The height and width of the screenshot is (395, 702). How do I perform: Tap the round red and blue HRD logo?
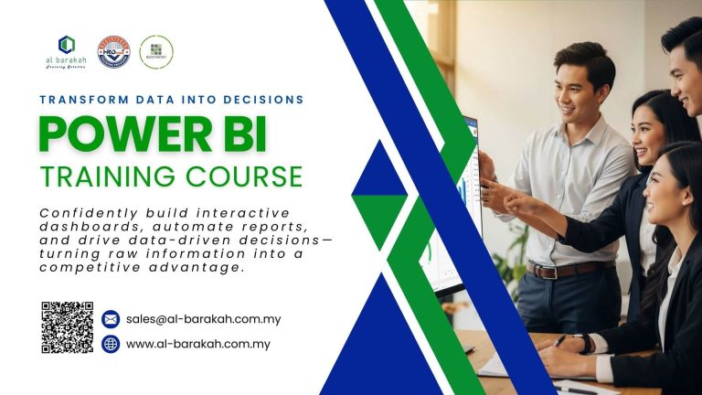point(113,52)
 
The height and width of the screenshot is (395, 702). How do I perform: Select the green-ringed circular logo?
point(156,52)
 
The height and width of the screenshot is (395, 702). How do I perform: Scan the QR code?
point(68,327)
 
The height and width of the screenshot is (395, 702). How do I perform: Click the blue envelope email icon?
point(111,319)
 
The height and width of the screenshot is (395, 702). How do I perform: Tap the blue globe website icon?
point(111,344)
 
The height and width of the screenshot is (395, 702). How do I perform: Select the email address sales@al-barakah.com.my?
point(203,319)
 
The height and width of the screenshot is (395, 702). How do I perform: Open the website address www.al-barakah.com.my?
point(197,344)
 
